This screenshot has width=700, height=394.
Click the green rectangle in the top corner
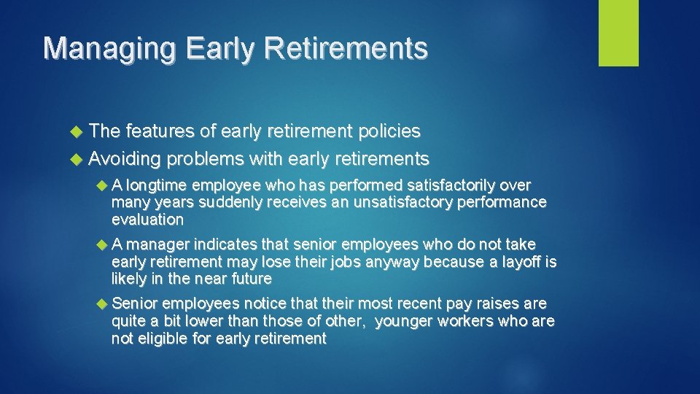pos(618,33)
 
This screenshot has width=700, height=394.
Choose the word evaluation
pos(147,220)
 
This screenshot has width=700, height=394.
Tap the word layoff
pos(519,261)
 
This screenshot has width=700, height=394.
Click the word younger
pos(405,321)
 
